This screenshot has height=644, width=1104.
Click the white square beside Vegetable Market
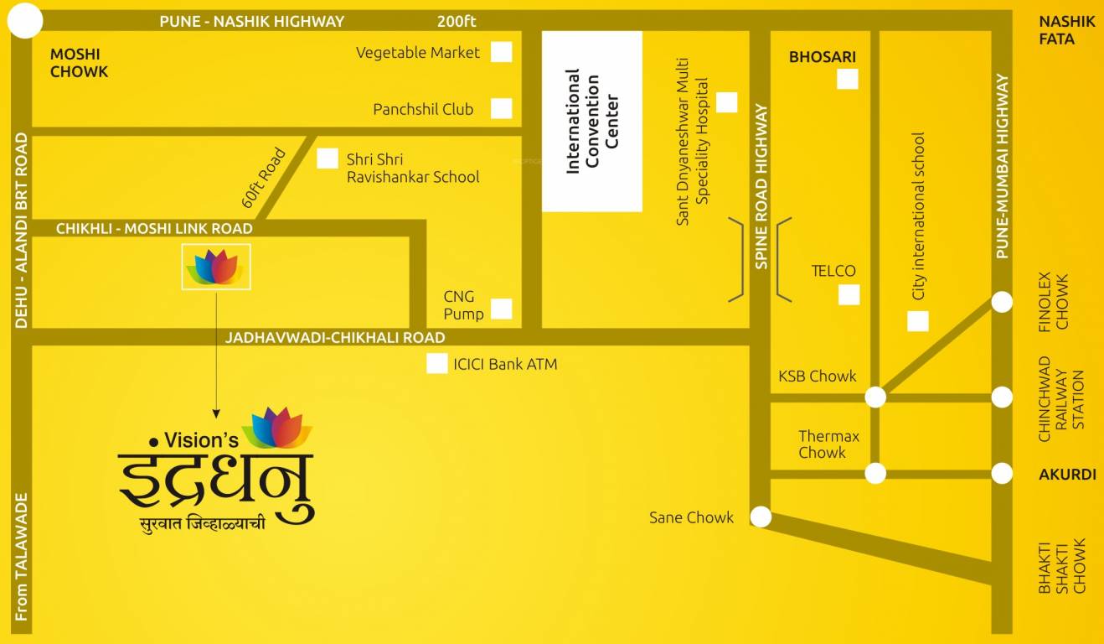[501, 52]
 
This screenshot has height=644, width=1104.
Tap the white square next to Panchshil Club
[501, 108]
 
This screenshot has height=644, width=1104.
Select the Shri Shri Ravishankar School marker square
[328, 158]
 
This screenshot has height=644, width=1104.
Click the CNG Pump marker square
[501, 309]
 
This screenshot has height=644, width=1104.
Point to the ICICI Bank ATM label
[504, 364]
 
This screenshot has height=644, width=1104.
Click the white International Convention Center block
[592, 121]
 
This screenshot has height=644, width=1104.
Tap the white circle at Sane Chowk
[761, 517]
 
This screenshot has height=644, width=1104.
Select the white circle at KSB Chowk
[875, 397]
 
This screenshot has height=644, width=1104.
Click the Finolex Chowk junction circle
[1002, 302]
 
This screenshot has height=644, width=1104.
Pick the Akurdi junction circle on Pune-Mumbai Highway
[1002, 474]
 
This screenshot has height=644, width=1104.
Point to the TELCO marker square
[849, 294]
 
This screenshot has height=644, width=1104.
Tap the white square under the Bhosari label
[848, 79]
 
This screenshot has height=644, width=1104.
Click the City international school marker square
[918, 321]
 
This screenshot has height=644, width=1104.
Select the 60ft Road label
[263, 178]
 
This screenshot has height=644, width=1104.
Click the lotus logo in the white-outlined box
[216, 267]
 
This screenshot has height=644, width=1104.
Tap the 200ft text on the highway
[457, 21]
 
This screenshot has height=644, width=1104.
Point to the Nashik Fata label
[1067, 30]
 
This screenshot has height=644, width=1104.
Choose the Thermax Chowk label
[828, 444]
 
